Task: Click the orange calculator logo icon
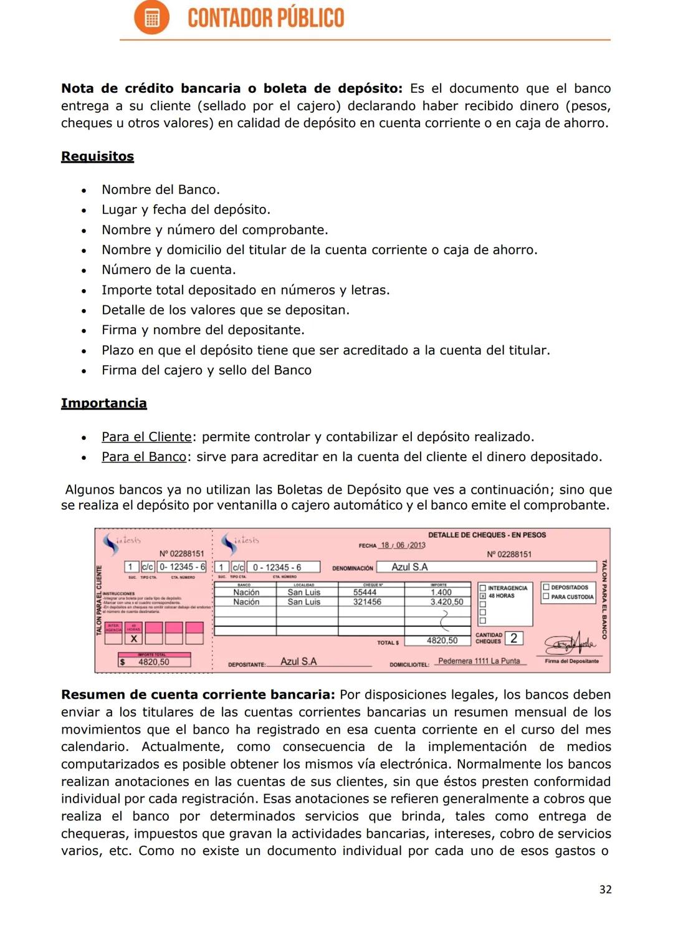point(151,17)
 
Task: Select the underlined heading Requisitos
point(97,156)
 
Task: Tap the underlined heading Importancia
point(103,403)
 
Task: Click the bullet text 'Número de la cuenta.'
point(169,270)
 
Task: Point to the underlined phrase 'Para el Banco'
point(144,457)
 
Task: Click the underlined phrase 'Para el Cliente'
point(146,437)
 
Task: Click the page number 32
point(605,889)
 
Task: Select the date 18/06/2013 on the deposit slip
point(403,545)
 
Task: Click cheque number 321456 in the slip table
point(367,602)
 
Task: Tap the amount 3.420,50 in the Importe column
point(447,602)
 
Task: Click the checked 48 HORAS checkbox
point(482,596)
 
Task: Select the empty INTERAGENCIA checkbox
point(482,588)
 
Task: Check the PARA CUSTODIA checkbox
point(546,597)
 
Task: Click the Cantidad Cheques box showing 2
point(514,638)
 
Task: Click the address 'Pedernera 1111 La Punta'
point(479,661)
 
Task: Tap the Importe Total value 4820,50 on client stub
point(154,662)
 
